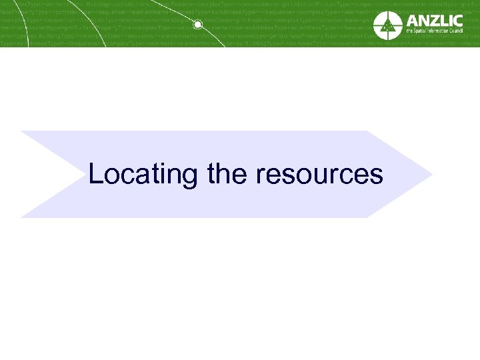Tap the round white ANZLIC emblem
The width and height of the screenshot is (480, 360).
coord(387,25)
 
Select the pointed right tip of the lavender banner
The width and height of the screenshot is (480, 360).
coord(431,175)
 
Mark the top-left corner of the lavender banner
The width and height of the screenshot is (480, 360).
coord(21,132)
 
